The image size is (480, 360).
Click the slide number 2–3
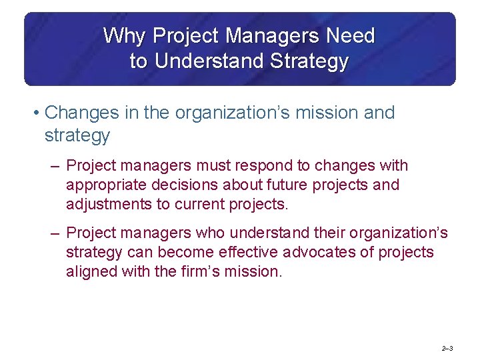[447, 348]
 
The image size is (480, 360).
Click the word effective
[250, 252]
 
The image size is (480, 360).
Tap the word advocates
[323, 252]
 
